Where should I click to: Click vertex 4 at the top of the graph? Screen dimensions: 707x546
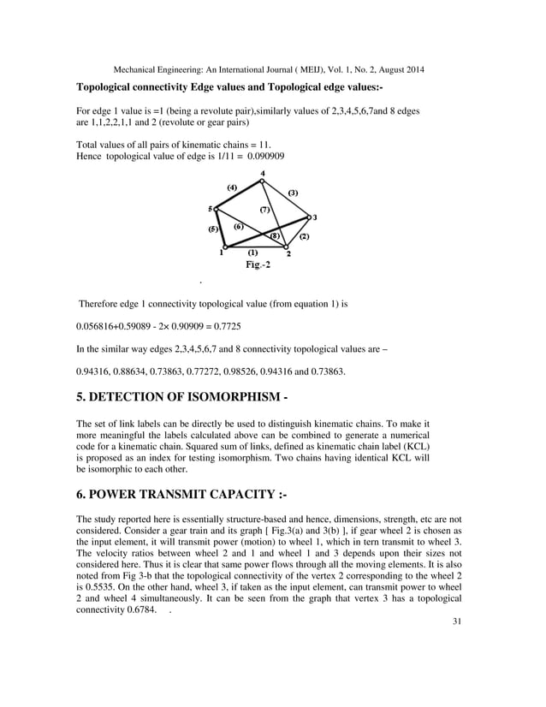(263, 181)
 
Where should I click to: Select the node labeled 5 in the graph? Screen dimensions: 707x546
(216, 208)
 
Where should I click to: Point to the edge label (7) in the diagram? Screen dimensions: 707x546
(265, 208)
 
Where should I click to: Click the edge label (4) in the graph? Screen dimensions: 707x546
(232, 187)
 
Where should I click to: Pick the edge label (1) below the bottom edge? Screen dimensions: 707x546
(252, 253)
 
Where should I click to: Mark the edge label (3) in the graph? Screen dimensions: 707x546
(293, 193)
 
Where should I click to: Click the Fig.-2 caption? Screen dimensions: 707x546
(252, 265)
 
